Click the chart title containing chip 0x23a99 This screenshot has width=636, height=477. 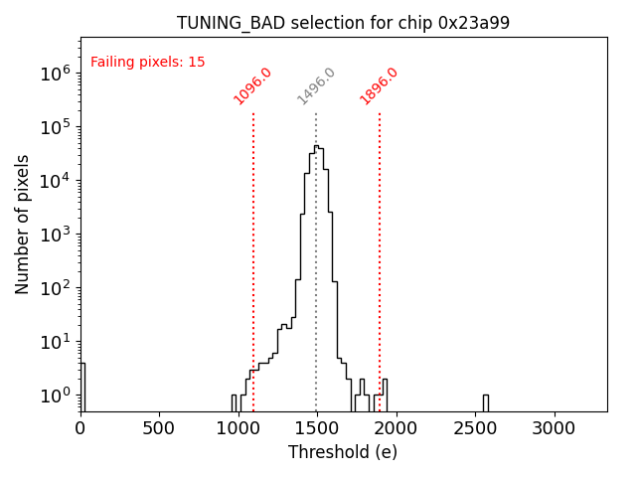point(343,23)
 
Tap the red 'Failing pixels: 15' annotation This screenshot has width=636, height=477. point(148,63)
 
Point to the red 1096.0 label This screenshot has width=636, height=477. point(252,86)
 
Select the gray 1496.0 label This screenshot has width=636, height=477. point(316,86)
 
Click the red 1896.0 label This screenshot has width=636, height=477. point(379,86)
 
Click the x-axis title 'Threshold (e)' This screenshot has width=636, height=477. point(343,452)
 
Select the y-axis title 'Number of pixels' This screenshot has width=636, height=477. point(23,224)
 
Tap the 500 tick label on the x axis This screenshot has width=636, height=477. point(159,428)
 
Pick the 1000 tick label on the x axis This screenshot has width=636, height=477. point(238,428)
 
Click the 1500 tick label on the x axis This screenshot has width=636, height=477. point(316,428)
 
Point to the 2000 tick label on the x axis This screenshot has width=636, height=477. point(396,428)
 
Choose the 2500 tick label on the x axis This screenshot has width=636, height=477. point(474,428)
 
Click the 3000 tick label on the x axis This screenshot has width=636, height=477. point(554,428)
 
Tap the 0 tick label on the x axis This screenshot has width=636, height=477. point(80,428)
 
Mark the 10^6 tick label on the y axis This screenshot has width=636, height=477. point(55,74)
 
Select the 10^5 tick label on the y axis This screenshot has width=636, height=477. point(55,127)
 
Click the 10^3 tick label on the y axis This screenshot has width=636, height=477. point(55,235)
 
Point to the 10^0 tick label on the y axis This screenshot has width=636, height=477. point(55,396)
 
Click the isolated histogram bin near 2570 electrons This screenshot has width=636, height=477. point(486,401)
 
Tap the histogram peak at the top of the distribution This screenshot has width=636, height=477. point(316,147)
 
